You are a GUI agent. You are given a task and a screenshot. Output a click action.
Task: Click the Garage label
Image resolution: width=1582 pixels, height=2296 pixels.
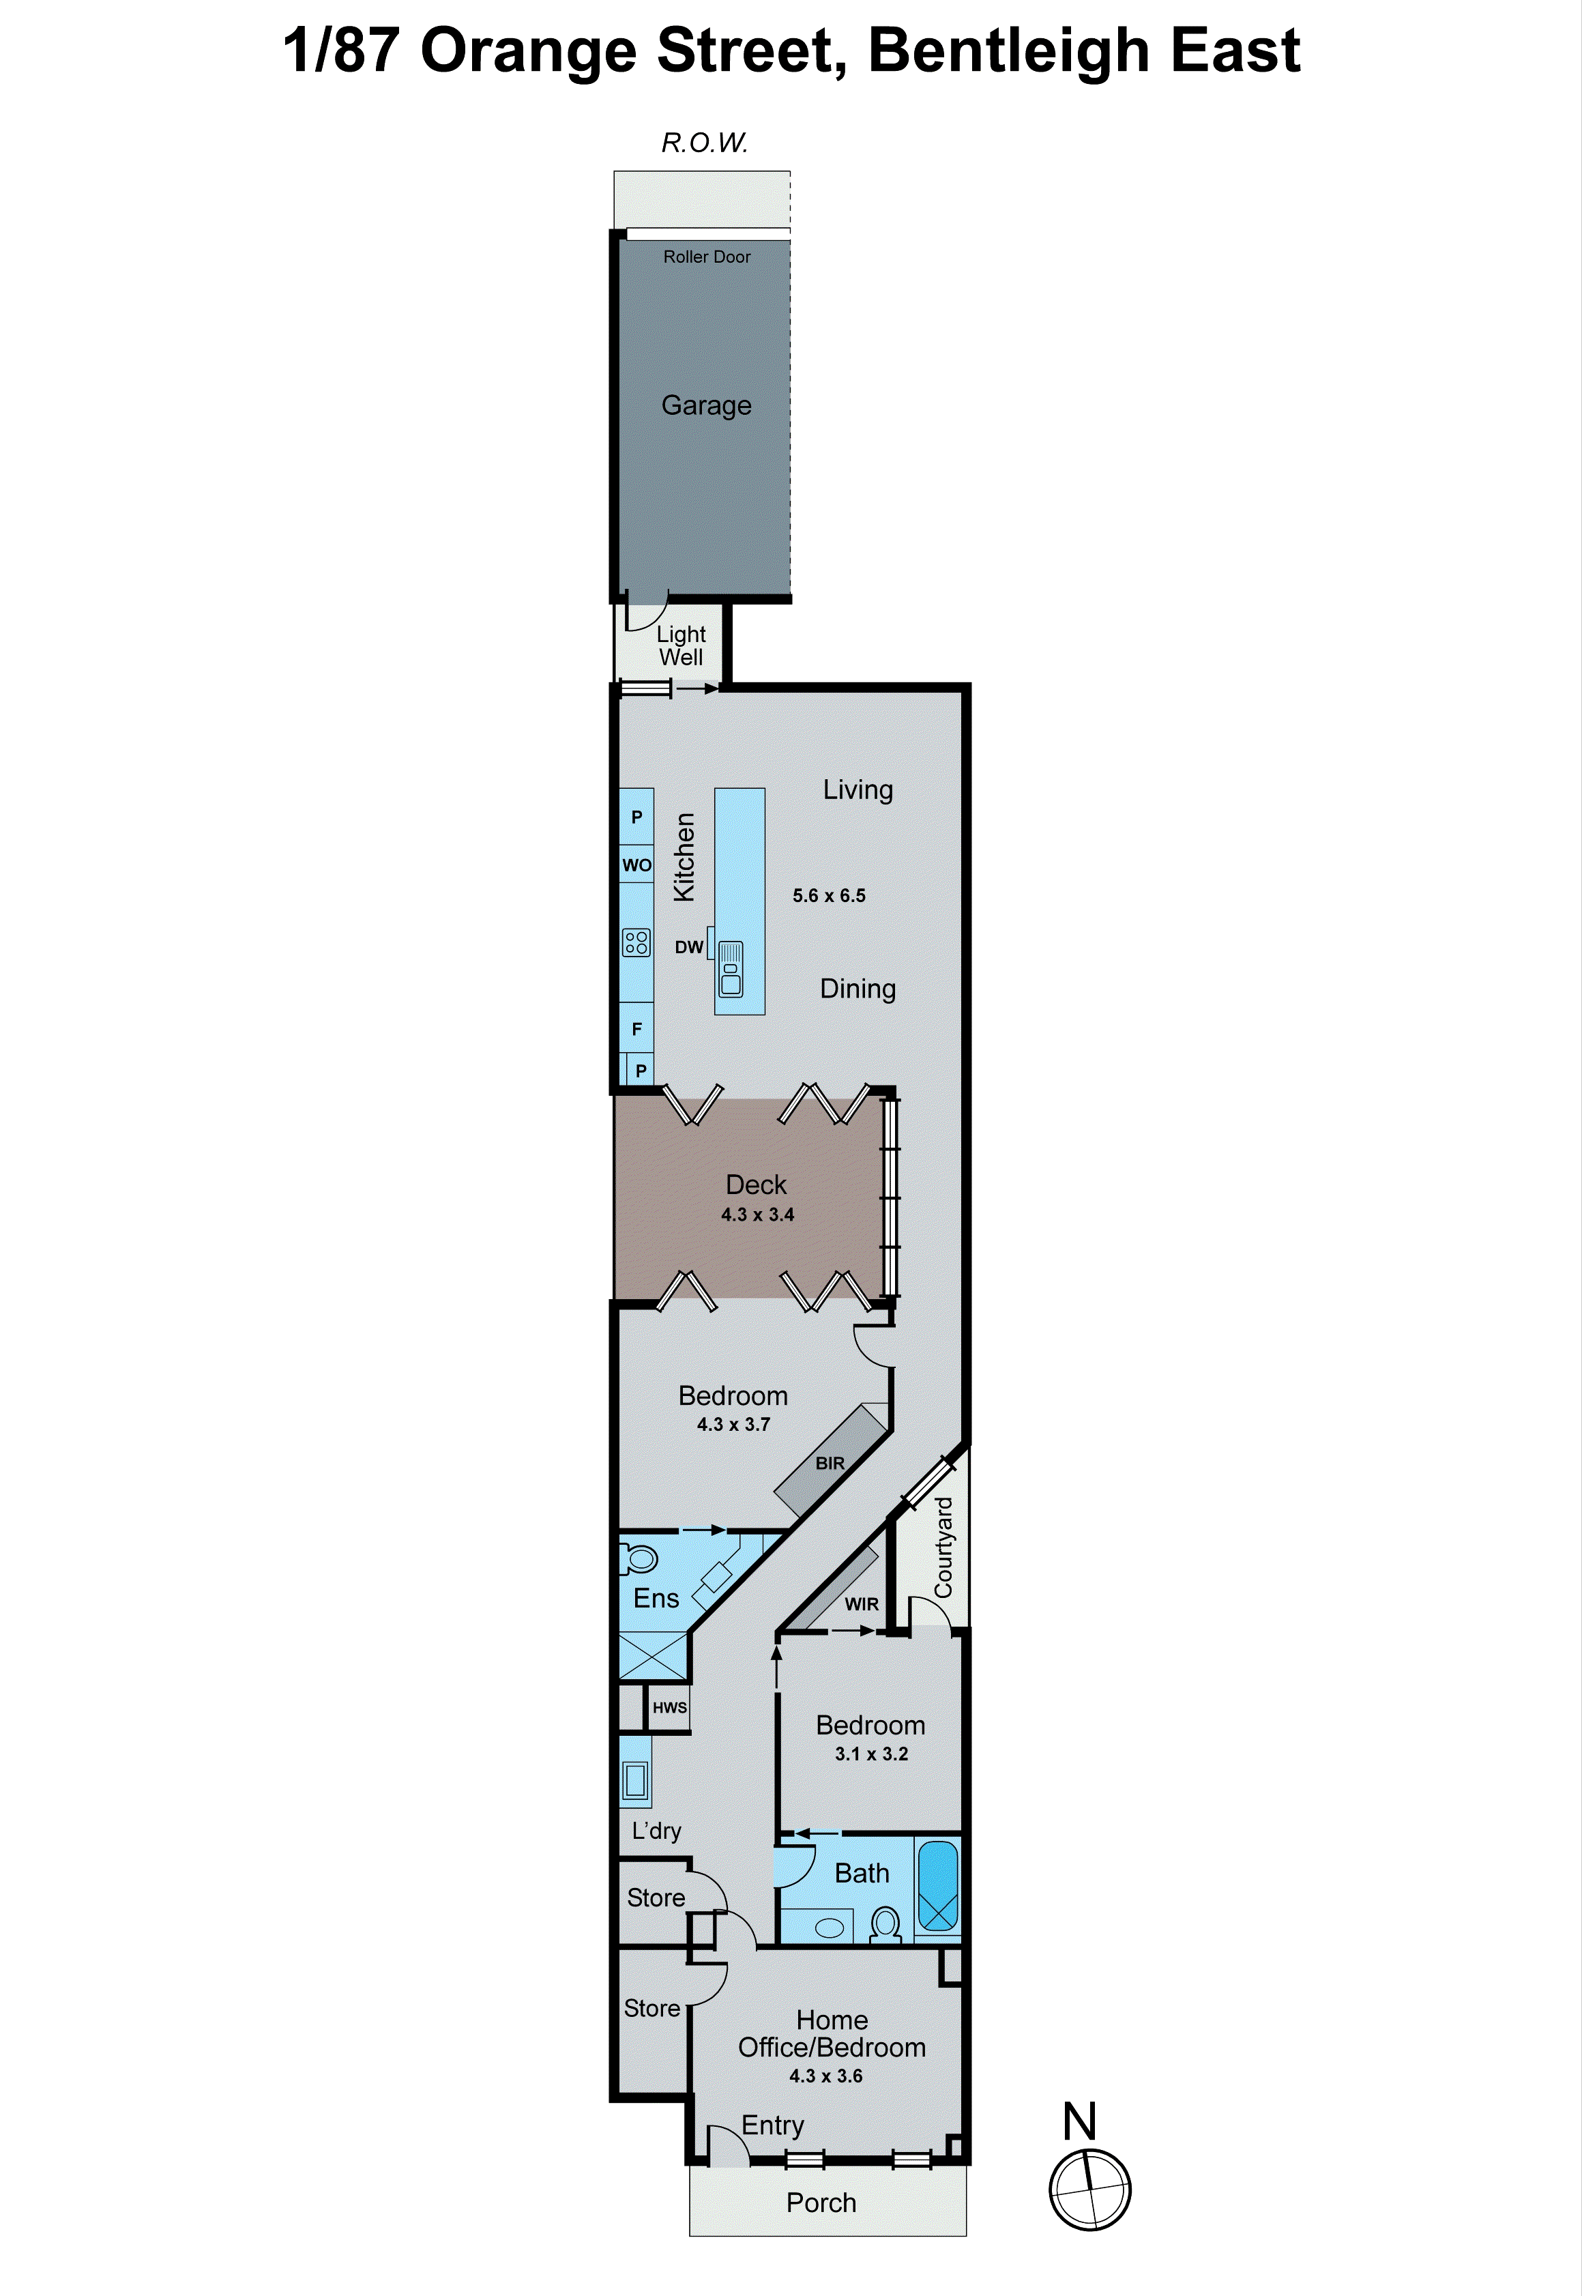[x=706, y=405]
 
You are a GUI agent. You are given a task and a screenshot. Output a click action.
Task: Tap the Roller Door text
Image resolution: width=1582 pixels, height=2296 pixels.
[x=707, y=257]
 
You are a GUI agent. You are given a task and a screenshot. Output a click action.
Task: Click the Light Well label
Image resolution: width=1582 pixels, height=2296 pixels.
[x=681, y=645]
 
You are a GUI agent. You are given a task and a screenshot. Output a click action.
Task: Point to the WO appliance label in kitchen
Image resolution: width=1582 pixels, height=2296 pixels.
[x=636, y=864]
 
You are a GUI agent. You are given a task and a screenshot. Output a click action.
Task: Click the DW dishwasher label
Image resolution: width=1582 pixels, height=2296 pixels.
[x=689, y=947]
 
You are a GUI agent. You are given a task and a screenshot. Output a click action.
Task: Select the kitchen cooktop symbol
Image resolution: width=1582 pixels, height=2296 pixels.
[x=636, y=942]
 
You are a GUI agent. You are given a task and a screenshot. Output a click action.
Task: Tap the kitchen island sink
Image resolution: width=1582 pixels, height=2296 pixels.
[x=731, y=970]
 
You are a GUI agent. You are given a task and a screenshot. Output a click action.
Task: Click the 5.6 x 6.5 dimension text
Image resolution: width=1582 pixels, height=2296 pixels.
[x=829, y=895]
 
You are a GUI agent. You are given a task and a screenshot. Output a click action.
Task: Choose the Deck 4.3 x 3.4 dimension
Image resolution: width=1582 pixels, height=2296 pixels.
[x=757, y=1215]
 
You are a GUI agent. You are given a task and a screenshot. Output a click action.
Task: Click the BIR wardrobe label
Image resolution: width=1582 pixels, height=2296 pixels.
[x=830, y=1464]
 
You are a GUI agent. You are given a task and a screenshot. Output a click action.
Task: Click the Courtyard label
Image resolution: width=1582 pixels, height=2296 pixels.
[x=943, y=1547]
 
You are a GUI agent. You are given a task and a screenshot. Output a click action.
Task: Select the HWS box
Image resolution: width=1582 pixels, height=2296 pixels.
[x=669, y=1707]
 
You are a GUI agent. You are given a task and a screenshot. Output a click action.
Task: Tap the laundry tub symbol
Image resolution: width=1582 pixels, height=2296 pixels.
[x=635, y=1780]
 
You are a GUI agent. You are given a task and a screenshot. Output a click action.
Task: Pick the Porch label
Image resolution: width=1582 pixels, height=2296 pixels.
[x=821, y=2203]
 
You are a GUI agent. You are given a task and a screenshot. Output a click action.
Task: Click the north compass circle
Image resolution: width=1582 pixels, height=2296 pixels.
[x=1089, y=2190]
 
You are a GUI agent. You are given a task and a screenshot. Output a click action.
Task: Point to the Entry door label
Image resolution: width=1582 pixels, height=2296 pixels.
[x=772, y=2125]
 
